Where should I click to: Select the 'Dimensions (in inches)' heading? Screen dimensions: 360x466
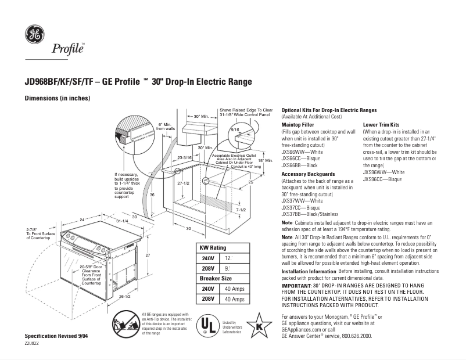tap(57, 98)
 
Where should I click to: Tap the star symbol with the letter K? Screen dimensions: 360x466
tap(257, 325)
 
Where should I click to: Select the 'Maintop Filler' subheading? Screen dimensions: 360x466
tap(297, 125)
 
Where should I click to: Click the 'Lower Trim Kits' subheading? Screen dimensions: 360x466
tap(381, 125)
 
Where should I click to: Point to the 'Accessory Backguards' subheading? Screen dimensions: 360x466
tap(308, 174)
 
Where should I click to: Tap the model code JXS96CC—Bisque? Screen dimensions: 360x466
tap(382, 179)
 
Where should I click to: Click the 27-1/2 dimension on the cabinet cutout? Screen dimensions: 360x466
tap(184, 183)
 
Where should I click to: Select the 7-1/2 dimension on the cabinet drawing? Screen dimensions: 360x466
tap(241, 210)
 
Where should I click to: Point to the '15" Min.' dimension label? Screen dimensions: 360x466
tap(265, 160)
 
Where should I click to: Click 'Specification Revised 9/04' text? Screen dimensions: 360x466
tap(57, 337)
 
